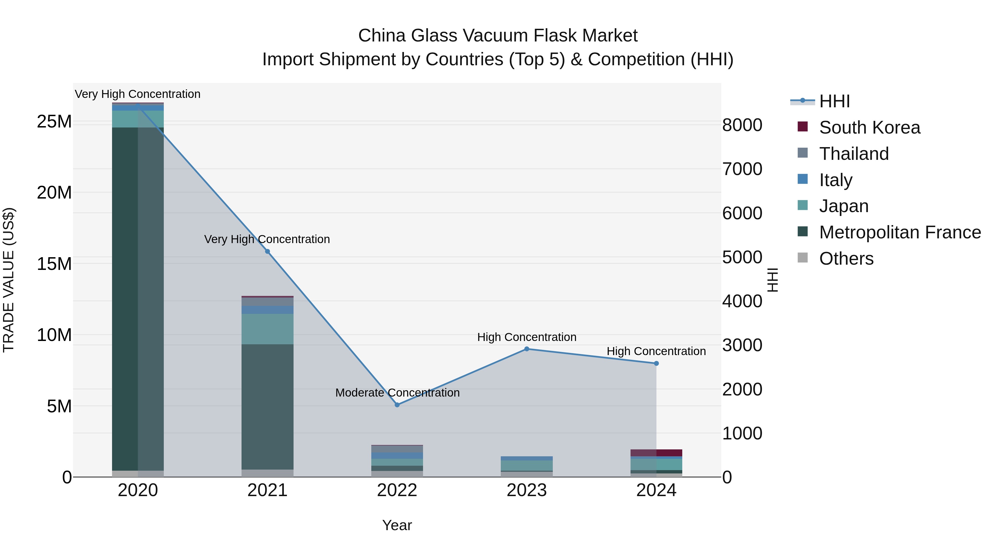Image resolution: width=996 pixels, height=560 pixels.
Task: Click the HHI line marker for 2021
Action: pos(267,252)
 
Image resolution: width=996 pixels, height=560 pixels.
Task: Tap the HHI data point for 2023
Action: pos(526,349)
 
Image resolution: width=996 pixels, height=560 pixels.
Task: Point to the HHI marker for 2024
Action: pos(656,363)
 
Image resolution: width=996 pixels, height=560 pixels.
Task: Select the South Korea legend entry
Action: pos(870,127)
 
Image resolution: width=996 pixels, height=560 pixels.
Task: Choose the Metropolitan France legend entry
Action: pos(900,232)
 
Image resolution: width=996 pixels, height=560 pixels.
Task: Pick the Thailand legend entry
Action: pos(854,154)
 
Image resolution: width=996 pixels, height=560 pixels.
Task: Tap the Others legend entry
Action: pos(846,259)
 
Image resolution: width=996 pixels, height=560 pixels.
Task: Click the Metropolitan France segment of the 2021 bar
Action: pos(267,406)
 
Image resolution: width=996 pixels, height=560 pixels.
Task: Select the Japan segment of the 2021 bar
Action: pos(267,329)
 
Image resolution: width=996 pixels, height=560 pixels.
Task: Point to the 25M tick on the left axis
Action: pos(54,122)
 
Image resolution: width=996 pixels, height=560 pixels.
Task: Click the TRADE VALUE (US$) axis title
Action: pos(9,280)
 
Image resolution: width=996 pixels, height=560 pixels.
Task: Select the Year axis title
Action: pos(397,525)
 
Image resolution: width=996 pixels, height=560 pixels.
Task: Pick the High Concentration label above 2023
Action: pos(526,337)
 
